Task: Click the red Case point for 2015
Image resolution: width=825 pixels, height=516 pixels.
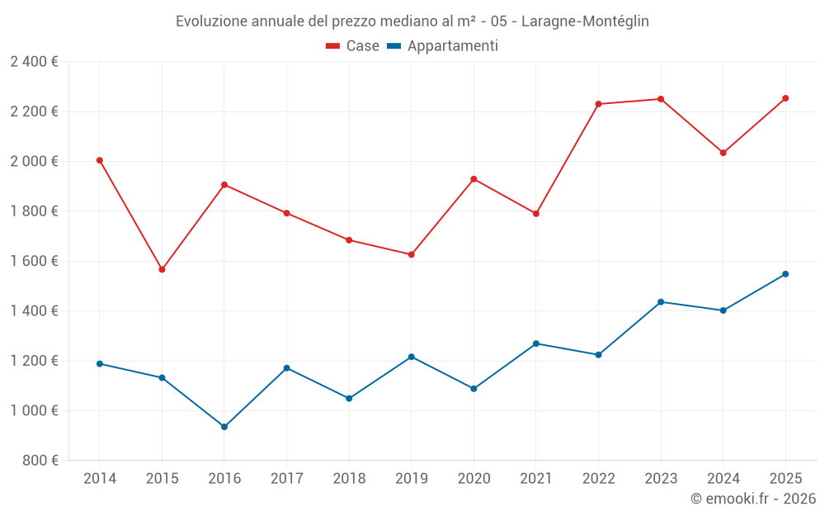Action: tap(162, 269)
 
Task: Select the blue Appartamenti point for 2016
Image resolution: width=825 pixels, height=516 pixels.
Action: tap(224, 427)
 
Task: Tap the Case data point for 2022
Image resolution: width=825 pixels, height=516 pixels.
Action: tap(598, 104)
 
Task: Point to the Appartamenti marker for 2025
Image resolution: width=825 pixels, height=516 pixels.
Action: tap(785, 274)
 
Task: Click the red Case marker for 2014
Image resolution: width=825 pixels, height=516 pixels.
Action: tap(100, 160)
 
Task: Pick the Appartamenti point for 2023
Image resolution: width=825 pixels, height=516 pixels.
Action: tap(661, 302)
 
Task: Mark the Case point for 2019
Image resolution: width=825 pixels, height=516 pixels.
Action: tap(412, 254)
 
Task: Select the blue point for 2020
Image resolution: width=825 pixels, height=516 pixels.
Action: tap(474, 389)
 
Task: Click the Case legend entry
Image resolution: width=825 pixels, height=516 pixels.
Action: tap(352, 46)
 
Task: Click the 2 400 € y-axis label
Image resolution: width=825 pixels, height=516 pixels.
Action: tap(34, 62)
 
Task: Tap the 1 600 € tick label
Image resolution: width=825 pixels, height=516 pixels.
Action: tap(34, 261)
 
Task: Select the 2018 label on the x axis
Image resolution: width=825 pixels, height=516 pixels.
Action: tap(349, 479)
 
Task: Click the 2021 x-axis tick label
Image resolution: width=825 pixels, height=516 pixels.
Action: tap(536, 479)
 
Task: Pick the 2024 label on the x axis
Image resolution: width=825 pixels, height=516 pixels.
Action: tap(723, 479)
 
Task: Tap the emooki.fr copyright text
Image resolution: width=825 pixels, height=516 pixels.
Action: tap(752, 499)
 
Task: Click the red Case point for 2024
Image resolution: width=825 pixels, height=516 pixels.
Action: tap(724, 153)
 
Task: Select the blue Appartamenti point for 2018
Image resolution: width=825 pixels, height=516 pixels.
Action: tap(349, 398)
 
